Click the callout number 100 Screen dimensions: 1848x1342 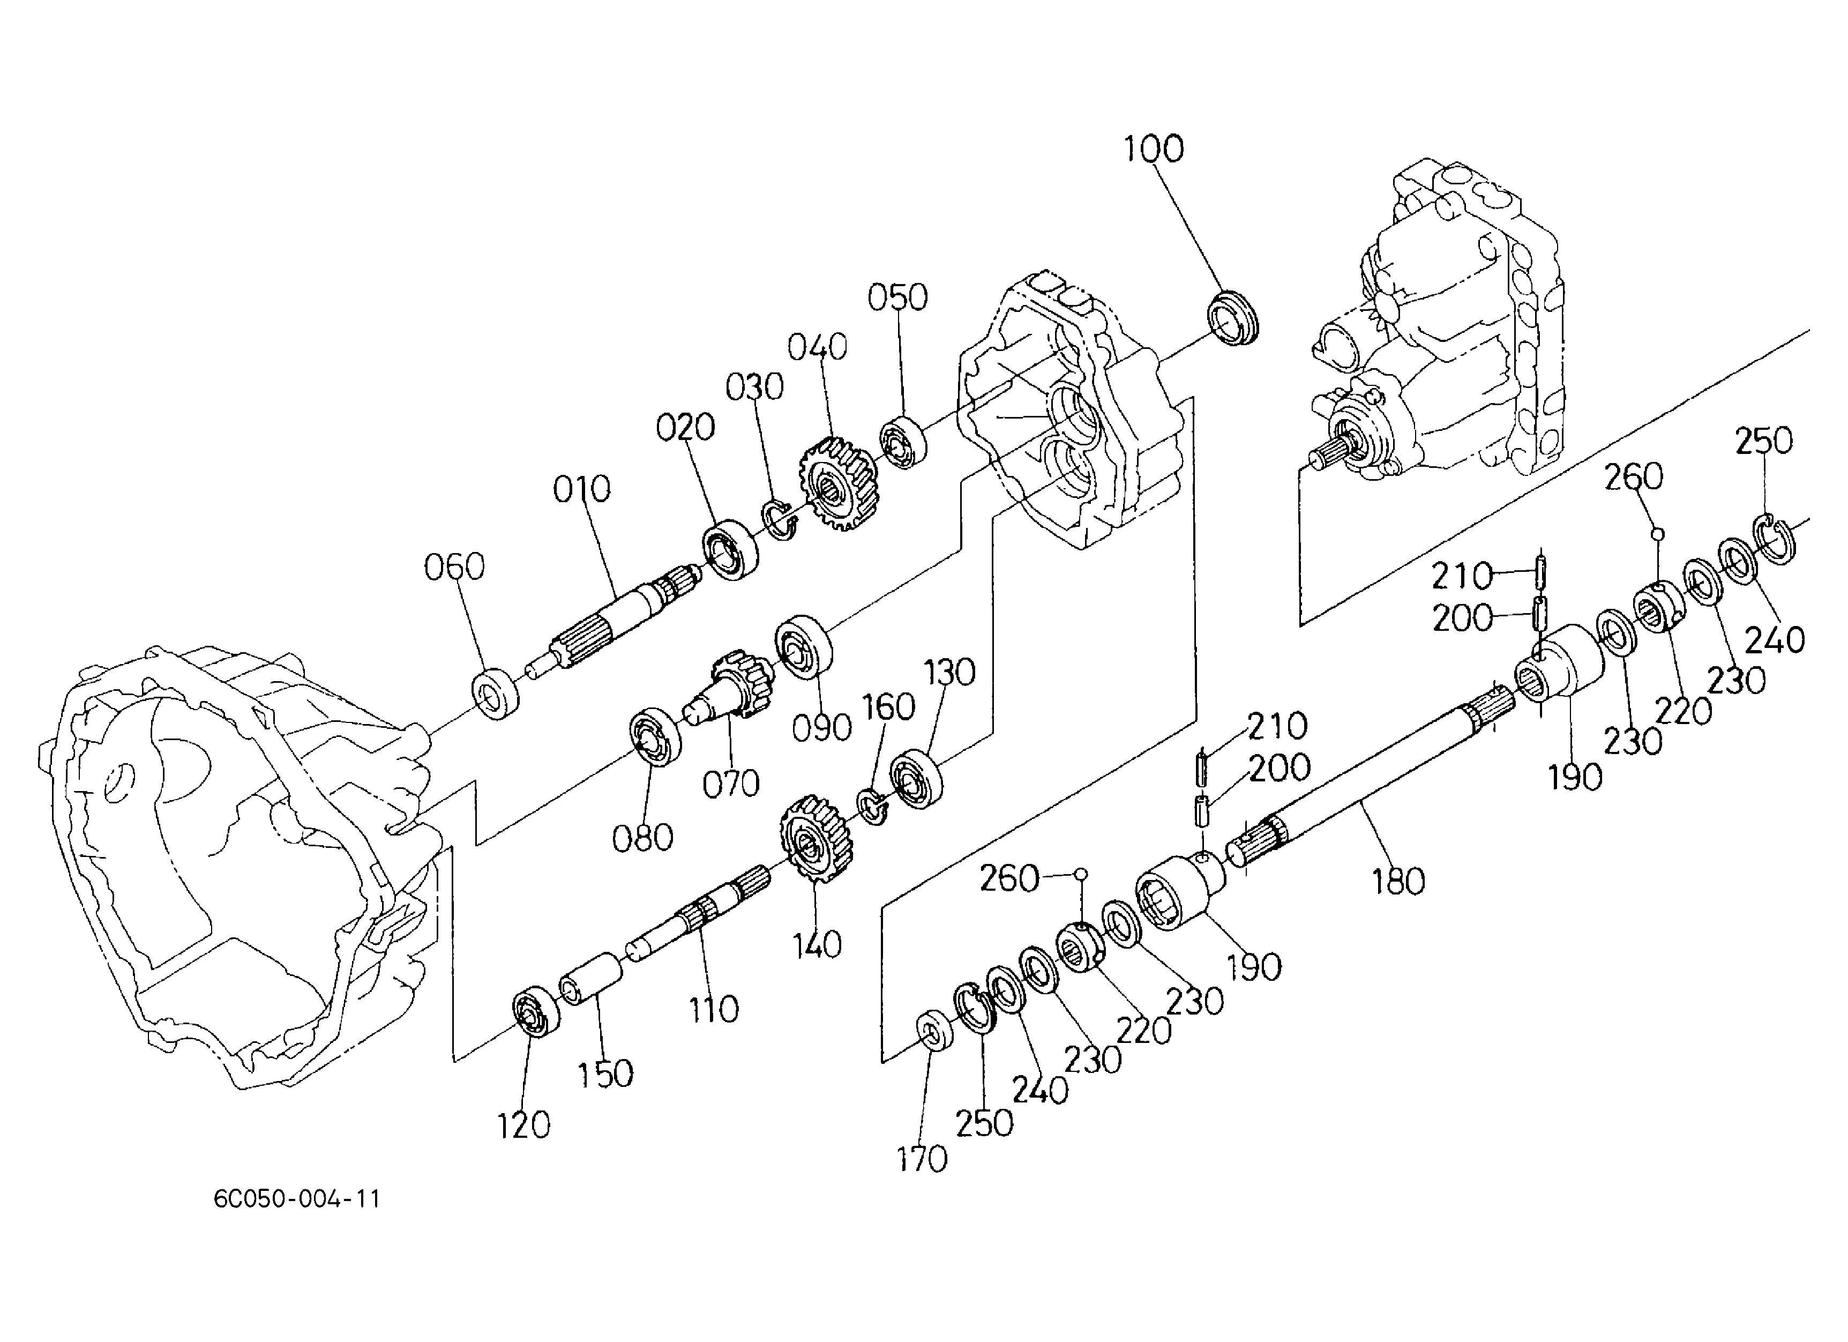[1153, 150]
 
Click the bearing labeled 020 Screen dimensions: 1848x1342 [730, 549]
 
